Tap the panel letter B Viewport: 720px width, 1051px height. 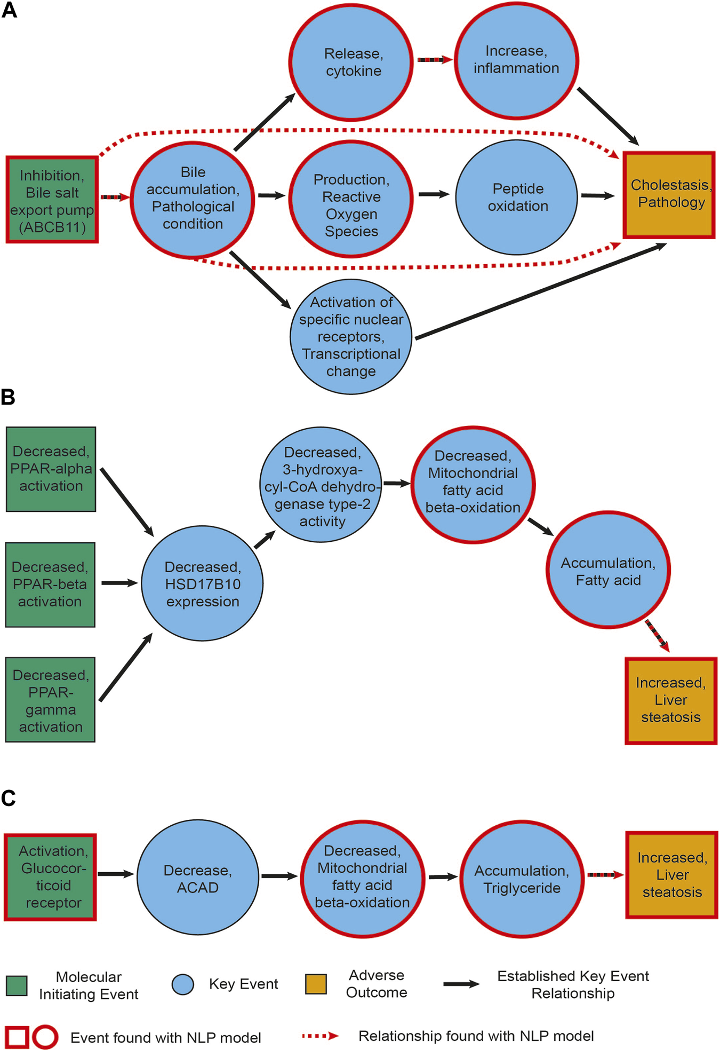click(8, 397)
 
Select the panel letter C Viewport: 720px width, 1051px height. click(9, 798)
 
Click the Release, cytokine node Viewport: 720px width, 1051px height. click(351, 62)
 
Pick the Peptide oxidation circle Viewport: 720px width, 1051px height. click(516, 197)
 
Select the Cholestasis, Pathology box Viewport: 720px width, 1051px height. click(669, 195)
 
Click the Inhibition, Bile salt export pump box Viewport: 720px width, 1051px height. click(52, 200)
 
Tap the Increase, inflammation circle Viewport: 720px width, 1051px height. click(516, 59)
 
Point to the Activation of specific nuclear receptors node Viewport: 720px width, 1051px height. click(351, 337)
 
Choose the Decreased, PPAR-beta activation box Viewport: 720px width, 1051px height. click(50, 584)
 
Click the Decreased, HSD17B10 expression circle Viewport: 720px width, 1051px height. click(202, 583)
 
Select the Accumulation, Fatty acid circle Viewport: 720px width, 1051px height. click(608, 570)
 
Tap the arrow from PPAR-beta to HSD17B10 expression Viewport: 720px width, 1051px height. click(119, 583)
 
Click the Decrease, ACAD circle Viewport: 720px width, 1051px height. click(198, 878)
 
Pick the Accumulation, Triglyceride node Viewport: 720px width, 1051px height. click(522, 879)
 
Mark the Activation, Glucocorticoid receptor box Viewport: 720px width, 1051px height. click(51, 877)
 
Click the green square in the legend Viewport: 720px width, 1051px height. click(17, 985)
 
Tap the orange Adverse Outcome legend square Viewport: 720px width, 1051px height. click(316, 984)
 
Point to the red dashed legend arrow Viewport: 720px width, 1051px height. click(320, 1036)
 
